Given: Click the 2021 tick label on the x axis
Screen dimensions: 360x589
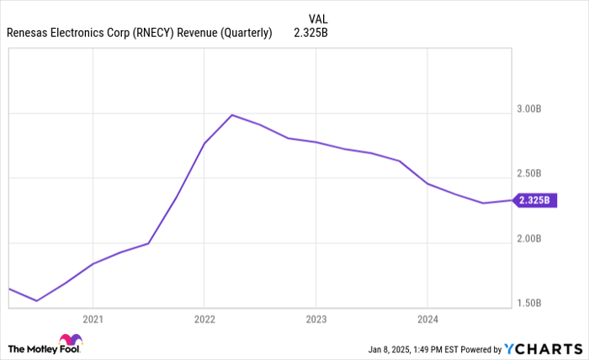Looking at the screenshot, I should coord(93,320).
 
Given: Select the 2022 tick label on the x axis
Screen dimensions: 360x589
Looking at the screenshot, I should coord(204,320).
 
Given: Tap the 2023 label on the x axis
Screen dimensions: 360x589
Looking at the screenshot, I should coord(316,320).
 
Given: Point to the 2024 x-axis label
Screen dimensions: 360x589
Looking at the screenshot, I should coord(427,320).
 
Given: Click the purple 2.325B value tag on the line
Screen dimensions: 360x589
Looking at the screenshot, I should coord(534,200).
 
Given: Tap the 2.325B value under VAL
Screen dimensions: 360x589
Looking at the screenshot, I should coord(310,34).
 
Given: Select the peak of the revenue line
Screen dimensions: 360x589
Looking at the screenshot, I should coord(231,114).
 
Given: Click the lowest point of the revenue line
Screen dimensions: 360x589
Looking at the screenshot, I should coord(36,300).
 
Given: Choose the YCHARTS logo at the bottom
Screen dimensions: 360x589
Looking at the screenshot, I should coord(543,348).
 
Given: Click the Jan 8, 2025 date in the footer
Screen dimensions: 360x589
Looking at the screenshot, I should coord(393,349).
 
